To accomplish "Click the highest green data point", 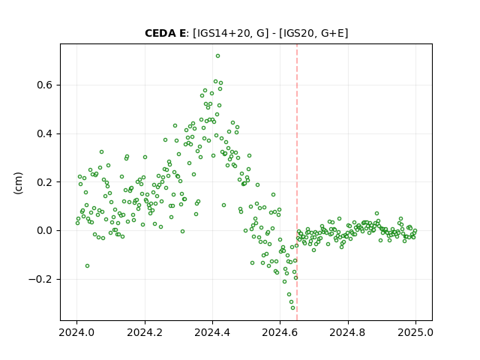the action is pos(217,56).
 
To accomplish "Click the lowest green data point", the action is pos(293,308).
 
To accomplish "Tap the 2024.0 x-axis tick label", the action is pos(76,332).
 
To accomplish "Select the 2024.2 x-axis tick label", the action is pos(145,332).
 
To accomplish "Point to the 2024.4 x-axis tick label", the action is pos(212,332).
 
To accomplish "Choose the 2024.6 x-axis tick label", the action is pos(280,332).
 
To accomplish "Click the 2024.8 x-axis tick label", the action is pos(348,332).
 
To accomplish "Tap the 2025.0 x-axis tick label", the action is pos(415,332).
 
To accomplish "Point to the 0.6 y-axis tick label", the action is pos(44,85).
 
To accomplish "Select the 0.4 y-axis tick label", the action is pos(44,133).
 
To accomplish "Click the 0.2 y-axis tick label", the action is pos(44,182).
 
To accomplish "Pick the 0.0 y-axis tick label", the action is pos(44,230).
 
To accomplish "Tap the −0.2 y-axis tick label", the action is pos(40,279).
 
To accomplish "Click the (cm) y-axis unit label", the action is pos(18,183).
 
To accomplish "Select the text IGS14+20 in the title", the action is pos(223,33).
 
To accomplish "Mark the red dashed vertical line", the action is pos(297,182).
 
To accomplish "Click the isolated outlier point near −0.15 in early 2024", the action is pos(87,266).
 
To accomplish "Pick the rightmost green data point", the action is pos(415,231).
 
